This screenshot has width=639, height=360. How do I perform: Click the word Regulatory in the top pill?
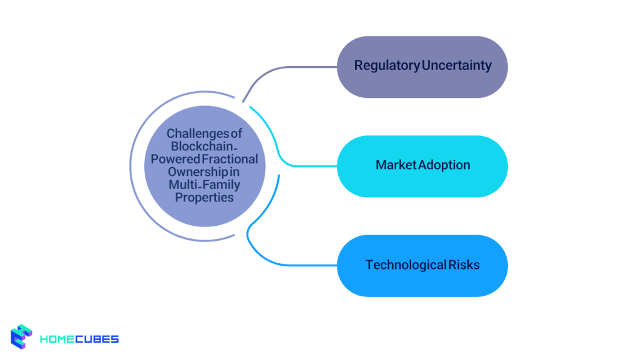[387, 66]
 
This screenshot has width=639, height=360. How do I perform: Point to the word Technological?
[406, 265]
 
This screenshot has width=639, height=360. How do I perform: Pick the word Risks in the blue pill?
[465, 265]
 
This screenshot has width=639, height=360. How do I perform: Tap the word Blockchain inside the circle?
[202, 147]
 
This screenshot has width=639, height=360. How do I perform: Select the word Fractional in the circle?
[232, 159]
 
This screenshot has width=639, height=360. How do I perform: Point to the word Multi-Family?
[204, 185]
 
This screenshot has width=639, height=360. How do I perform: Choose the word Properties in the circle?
[204, 197]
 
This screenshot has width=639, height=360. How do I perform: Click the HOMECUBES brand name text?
[79, 339]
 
